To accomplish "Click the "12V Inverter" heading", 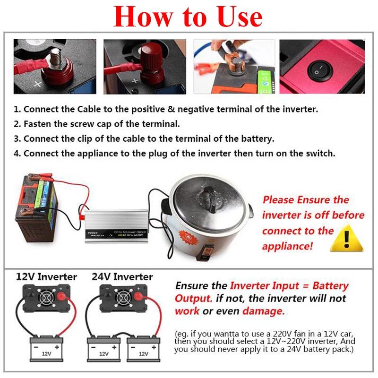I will click(46, 276).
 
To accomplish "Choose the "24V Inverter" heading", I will click(122, 276).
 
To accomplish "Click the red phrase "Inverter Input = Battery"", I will click(289, 286).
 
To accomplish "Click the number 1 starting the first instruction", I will click(16, 109).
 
